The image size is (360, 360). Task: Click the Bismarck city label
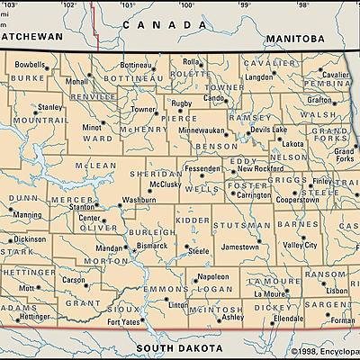point(153,244)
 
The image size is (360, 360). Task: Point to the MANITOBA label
point(294,39)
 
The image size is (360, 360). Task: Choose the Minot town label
point(92,128)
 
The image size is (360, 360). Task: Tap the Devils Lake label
point(268,130)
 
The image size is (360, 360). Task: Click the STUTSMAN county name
point(252,217)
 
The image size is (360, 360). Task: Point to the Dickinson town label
point(29,239)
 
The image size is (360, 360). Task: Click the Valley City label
point(300,245)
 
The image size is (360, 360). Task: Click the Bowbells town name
point(30,65)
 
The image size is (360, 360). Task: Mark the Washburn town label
point(139,200)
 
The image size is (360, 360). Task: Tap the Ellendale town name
point(288,319)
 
